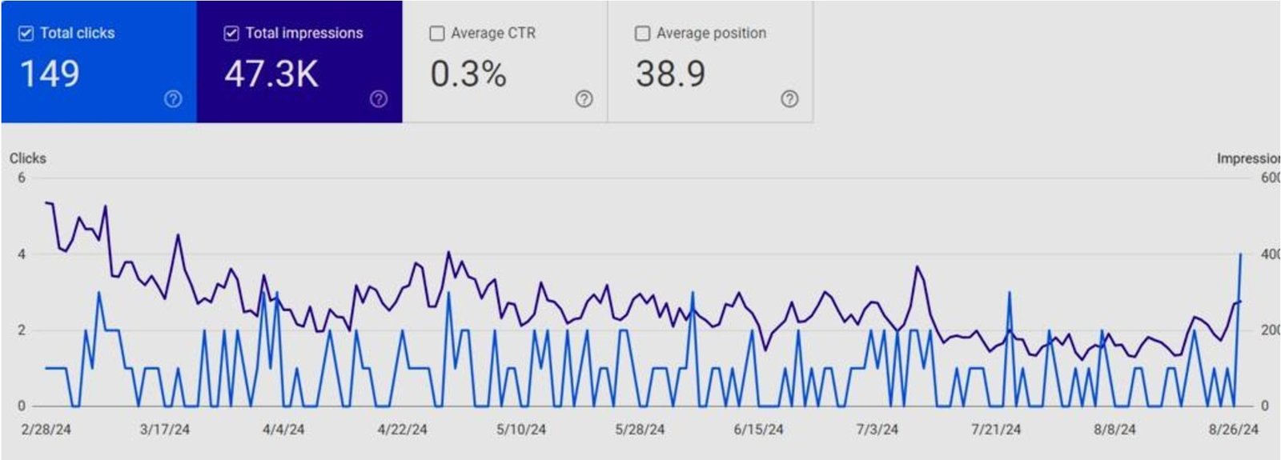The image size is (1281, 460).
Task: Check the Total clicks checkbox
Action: (26, 34)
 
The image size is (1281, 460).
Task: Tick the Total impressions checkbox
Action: (231, 34)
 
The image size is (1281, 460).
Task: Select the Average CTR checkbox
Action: (437, 34)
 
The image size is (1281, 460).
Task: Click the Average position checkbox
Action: (642, 34)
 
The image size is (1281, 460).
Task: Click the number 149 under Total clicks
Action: (50, 74)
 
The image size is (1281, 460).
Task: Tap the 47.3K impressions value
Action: (271, 74)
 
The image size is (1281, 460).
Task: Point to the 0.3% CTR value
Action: (468, 74)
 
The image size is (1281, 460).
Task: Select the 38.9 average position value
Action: (671, 74)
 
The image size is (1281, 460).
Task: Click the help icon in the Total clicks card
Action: (173, 99)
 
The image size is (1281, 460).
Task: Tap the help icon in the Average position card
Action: (789, 99)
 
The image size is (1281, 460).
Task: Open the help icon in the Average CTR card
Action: (584, 99)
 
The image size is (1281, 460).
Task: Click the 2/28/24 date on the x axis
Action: (46, 430)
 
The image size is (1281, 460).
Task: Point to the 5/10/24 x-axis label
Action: (521, 430)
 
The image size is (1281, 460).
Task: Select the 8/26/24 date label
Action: (1233, 430)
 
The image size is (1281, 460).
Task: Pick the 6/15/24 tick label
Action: (758, 430)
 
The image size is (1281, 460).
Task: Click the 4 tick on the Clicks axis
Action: (22, 254)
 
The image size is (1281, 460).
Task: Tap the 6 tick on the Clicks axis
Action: (22, 178)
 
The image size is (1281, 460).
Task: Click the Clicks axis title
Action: (28, 158)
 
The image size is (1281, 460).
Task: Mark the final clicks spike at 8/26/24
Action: (1240, 255)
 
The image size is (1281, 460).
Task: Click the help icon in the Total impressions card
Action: (379, 99)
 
